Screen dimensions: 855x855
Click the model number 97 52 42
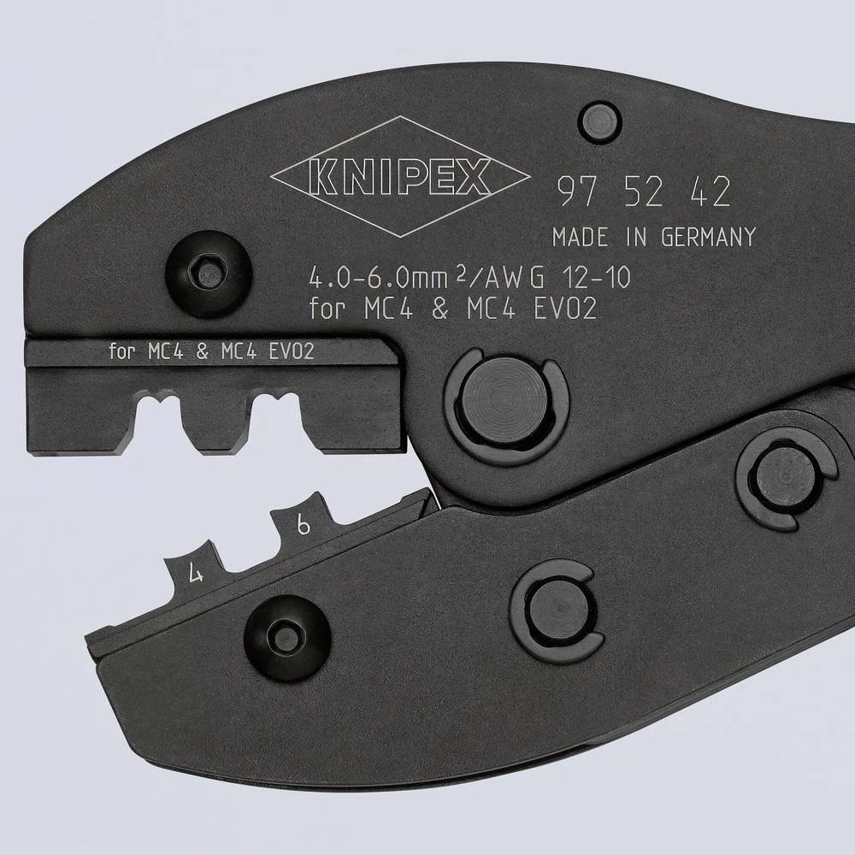[643, 194]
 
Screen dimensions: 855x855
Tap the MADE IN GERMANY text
[654, 237]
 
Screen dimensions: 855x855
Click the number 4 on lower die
[197, 574]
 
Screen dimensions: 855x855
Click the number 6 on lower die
[303, 526]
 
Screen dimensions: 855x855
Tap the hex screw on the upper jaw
[207, 274]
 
